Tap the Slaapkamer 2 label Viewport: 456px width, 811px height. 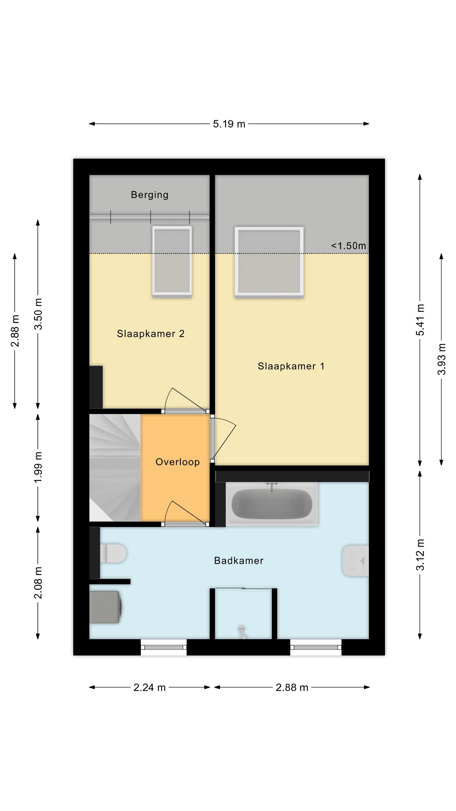150,334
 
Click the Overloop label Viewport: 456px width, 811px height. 177,462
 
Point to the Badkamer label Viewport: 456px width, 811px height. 239,561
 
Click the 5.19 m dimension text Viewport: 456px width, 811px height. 229,124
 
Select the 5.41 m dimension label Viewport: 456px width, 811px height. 420,320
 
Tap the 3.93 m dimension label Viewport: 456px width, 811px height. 442,359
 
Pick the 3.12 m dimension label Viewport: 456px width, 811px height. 420,555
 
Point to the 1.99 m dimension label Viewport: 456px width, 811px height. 38,467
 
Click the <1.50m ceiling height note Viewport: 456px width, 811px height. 348,246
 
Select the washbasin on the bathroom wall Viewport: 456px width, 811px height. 355,561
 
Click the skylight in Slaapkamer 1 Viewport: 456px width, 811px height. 269,262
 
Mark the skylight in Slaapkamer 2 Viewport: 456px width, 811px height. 172,261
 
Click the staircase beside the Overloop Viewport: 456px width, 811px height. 115,468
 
